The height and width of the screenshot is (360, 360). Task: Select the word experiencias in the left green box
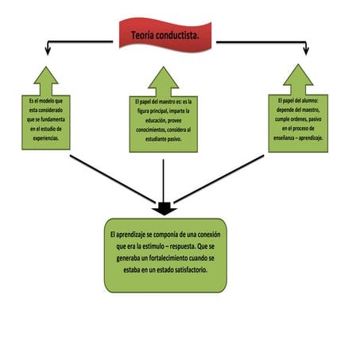(x=46, y=137)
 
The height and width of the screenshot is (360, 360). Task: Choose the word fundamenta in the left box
(x=58, y=118)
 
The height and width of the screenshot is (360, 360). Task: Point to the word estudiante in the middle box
(x=153, y=138)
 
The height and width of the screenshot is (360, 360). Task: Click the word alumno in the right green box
(x=312, y=101)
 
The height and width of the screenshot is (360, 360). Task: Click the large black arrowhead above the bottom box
(x=165, y=209)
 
